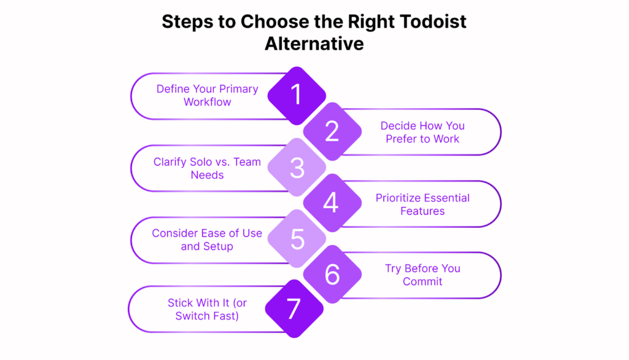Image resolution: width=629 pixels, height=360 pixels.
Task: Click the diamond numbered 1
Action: click(297, 95)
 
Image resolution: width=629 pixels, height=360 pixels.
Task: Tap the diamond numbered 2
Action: click(332, 131)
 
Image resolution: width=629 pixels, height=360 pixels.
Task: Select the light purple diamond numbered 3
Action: click(297, 167)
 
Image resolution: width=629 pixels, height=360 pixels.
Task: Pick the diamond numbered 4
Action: click(332, 203)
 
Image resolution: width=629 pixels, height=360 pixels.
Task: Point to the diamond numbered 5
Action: click(297, 239)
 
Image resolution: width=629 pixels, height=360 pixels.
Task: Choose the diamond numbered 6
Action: click(332, 274)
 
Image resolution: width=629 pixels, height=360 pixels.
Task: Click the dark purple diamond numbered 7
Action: click(294, 308)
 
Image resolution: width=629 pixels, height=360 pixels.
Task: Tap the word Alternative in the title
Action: click(314, 44)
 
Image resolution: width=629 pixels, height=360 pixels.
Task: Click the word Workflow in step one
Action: click(208, 102)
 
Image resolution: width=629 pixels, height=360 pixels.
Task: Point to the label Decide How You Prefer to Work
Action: click(423, 132)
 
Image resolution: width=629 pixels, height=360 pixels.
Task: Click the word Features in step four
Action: click(423, 211)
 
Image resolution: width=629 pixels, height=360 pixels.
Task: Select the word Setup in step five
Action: click(218, 246)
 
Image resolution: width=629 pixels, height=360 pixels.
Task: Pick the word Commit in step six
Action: click(423, 281)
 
